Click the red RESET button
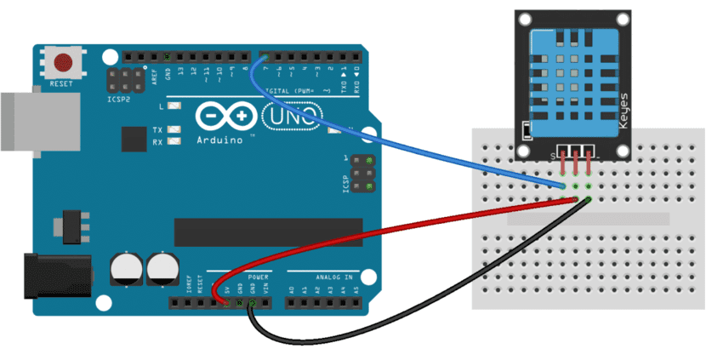click(63, 61)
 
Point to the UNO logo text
click(292, 115)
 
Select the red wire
click(383, 230)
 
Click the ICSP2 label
click(117, 99)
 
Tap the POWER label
click(259, 277)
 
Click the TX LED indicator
click(174, 130)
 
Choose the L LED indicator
click(174, 107)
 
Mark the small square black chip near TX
click(134, 139)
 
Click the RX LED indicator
click(174, 141)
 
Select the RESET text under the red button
click(63, 83)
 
